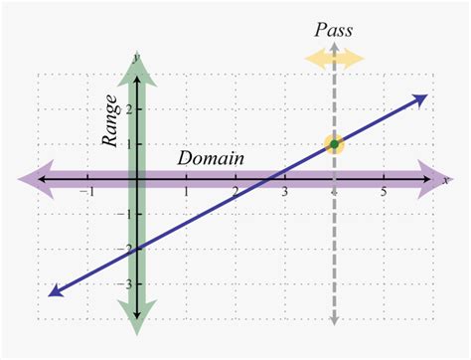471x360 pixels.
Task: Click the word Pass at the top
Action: (334, 31)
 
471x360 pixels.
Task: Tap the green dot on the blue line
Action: (334, 144)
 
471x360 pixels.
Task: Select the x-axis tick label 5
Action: (384, 193)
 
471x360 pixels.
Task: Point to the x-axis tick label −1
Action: (88, 193)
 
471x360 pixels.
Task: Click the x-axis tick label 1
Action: (186, 193)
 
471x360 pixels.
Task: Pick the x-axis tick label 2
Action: (235, 193)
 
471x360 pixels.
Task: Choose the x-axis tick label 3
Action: (285, 193)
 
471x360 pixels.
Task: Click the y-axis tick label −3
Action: (126, 284)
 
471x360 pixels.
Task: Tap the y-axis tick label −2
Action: (126, 250)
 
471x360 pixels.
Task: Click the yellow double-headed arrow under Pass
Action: (334, 58)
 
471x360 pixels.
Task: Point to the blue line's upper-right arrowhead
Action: (421, 98)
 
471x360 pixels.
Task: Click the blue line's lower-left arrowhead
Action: (54, 290)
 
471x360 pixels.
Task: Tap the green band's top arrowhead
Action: (136, 62)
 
